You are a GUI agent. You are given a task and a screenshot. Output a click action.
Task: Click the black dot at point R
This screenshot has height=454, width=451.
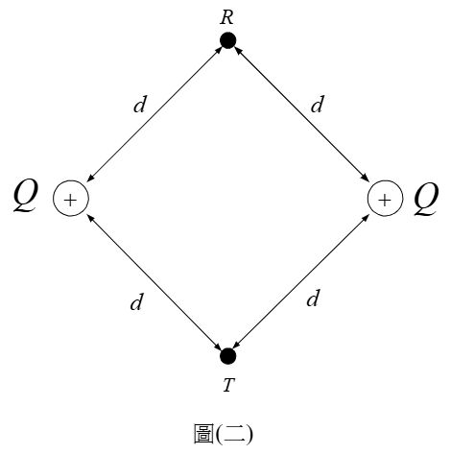coord(228,40)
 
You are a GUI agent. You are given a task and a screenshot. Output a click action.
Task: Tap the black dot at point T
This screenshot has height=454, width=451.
coord(228,356)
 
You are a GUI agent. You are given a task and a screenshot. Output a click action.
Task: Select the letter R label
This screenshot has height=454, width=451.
coord(226,18)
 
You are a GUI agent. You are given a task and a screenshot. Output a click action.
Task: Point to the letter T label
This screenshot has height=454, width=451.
coord(228,385)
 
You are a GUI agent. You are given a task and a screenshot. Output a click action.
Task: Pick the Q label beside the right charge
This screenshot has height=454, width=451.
coord(426,199)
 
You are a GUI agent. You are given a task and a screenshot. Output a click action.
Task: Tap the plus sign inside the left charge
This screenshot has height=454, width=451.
coord(70,200)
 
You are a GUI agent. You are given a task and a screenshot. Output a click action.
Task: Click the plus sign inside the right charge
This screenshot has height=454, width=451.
coord(385,200)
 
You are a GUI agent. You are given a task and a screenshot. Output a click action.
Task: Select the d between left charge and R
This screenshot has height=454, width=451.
coord(140,104)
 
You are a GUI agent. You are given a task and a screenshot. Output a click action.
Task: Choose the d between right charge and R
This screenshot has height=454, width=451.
coord(318,104)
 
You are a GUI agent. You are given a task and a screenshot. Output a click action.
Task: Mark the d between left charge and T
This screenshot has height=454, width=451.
coord(137,301)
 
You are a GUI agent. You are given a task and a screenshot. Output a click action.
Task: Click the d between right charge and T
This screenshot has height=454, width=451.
coord(314,298)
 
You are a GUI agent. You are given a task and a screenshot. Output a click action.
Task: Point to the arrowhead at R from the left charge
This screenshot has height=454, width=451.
coord(220,49)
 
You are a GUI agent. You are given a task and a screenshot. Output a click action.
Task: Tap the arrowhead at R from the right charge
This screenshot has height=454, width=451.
coord(237,50)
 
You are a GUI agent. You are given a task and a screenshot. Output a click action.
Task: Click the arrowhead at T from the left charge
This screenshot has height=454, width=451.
coord(219,346)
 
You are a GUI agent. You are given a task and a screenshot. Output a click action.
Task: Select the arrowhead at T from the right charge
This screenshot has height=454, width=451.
coord(237,346)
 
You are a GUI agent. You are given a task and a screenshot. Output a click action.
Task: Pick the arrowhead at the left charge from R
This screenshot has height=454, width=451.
coord(90,179)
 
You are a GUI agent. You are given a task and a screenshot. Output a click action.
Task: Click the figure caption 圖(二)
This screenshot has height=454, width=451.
coord(224,434)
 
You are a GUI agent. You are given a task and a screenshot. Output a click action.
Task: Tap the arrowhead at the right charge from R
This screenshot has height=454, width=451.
coord(365,178)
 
